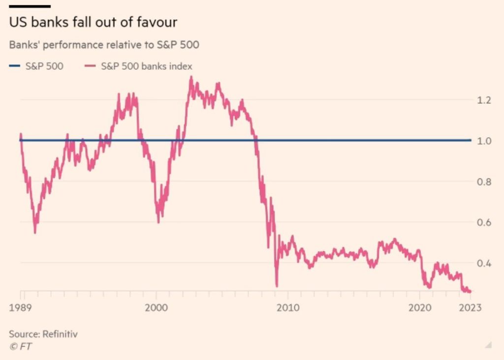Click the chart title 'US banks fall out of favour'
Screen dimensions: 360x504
[x=93, y=23]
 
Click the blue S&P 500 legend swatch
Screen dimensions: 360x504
[x=15, y=65]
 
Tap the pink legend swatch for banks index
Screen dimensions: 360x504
[x=90, y=65]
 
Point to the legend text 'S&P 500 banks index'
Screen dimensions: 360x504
[x=146, y=65]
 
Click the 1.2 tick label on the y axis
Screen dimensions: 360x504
[x=484, y=100]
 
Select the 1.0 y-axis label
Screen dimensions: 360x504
[x=484, y=141]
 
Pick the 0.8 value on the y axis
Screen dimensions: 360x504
[x=484, y=181]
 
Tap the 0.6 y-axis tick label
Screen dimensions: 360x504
[x=484, y=222]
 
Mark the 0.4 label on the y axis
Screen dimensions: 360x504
[x=484, y=263]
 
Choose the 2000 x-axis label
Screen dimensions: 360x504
[x=157, y=308]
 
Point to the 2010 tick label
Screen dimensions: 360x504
[x=288, y=308]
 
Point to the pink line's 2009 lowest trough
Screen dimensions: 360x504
[x=277, y=286]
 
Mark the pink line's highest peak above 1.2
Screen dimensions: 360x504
[x=191, y=77]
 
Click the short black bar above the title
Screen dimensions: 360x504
[x=30, y=6]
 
